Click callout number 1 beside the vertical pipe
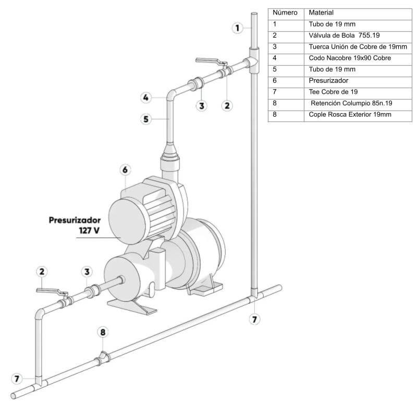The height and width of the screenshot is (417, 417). [238, 28]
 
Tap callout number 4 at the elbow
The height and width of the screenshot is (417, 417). [146, 97]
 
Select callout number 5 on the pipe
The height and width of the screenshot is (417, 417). [146, 119]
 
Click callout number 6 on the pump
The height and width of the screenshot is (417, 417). [125, 170]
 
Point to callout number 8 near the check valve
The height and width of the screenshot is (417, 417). [103, 332]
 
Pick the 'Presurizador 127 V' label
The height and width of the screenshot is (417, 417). [75, 225]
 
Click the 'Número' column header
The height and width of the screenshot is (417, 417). [285, 13]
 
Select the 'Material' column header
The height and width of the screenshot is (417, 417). [321, 13]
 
